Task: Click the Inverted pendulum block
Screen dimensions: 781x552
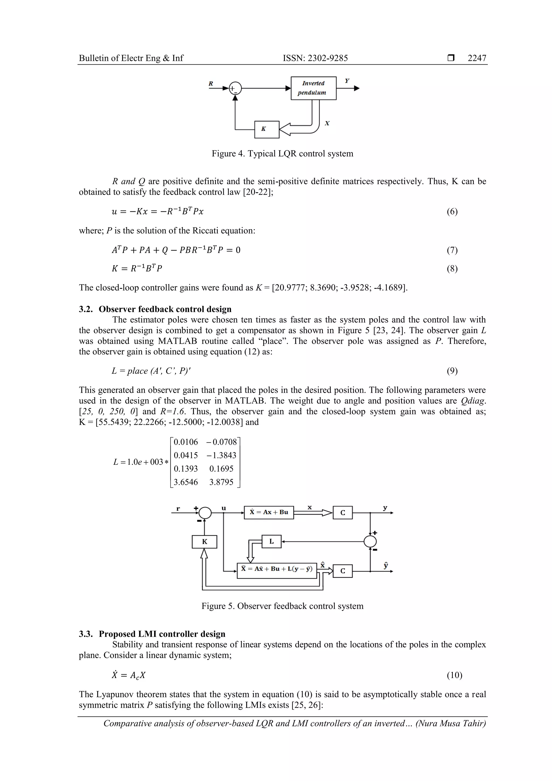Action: tap(313, 88)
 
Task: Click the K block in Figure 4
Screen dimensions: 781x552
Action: tap(267, 129)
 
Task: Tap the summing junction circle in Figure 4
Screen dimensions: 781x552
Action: tap(235, 88)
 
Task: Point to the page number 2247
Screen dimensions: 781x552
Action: tap(477, 58)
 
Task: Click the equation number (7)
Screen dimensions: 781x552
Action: tap(452, 250)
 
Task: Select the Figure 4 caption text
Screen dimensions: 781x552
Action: tap(282, 153)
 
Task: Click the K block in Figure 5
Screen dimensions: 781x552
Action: tap(204, 542)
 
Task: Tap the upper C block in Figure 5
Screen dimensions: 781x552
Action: tap(343, 512)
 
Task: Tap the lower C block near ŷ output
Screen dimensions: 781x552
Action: tap(343, 571)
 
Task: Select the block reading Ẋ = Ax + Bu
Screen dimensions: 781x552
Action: tap(269, 512)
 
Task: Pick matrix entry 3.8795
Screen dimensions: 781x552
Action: tap(221, 482)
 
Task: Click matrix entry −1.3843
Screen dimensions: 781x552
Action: tap(221, 455)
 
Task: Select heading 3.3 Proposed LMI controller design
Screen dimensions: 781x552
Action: tap(152, 634)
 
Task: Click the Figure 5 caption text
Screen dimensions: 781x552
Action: tap(282, 606)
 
